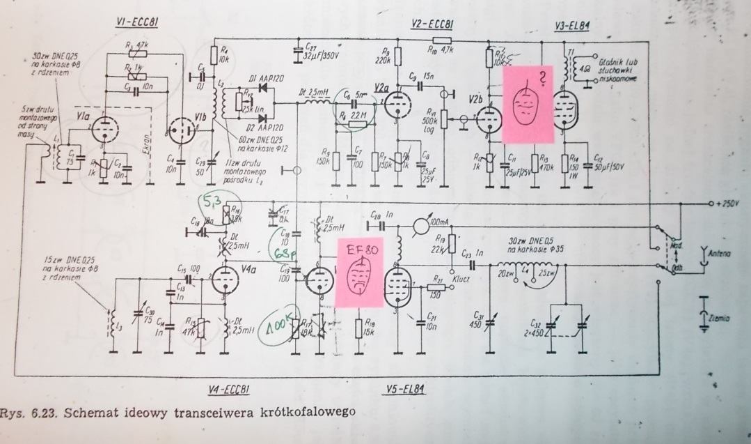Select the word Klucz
(461, 277)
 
